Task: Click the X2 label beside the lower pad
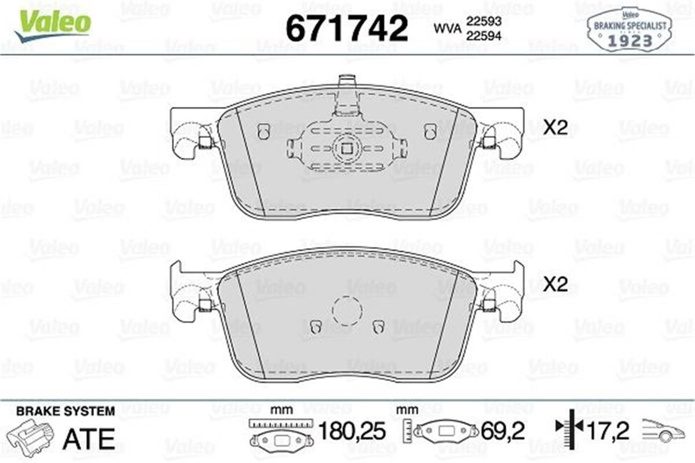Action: [x=555, y=285]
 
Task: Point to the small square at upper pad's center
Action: [x=346, y=149]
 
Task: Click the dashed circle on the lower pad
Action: [x=347, y=310]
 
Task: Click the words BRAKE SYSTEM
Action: [x=65, y=411]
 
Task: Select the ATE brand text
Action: [x=89, y=439]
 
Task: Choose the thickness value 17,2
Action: [x=609, y=431]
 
